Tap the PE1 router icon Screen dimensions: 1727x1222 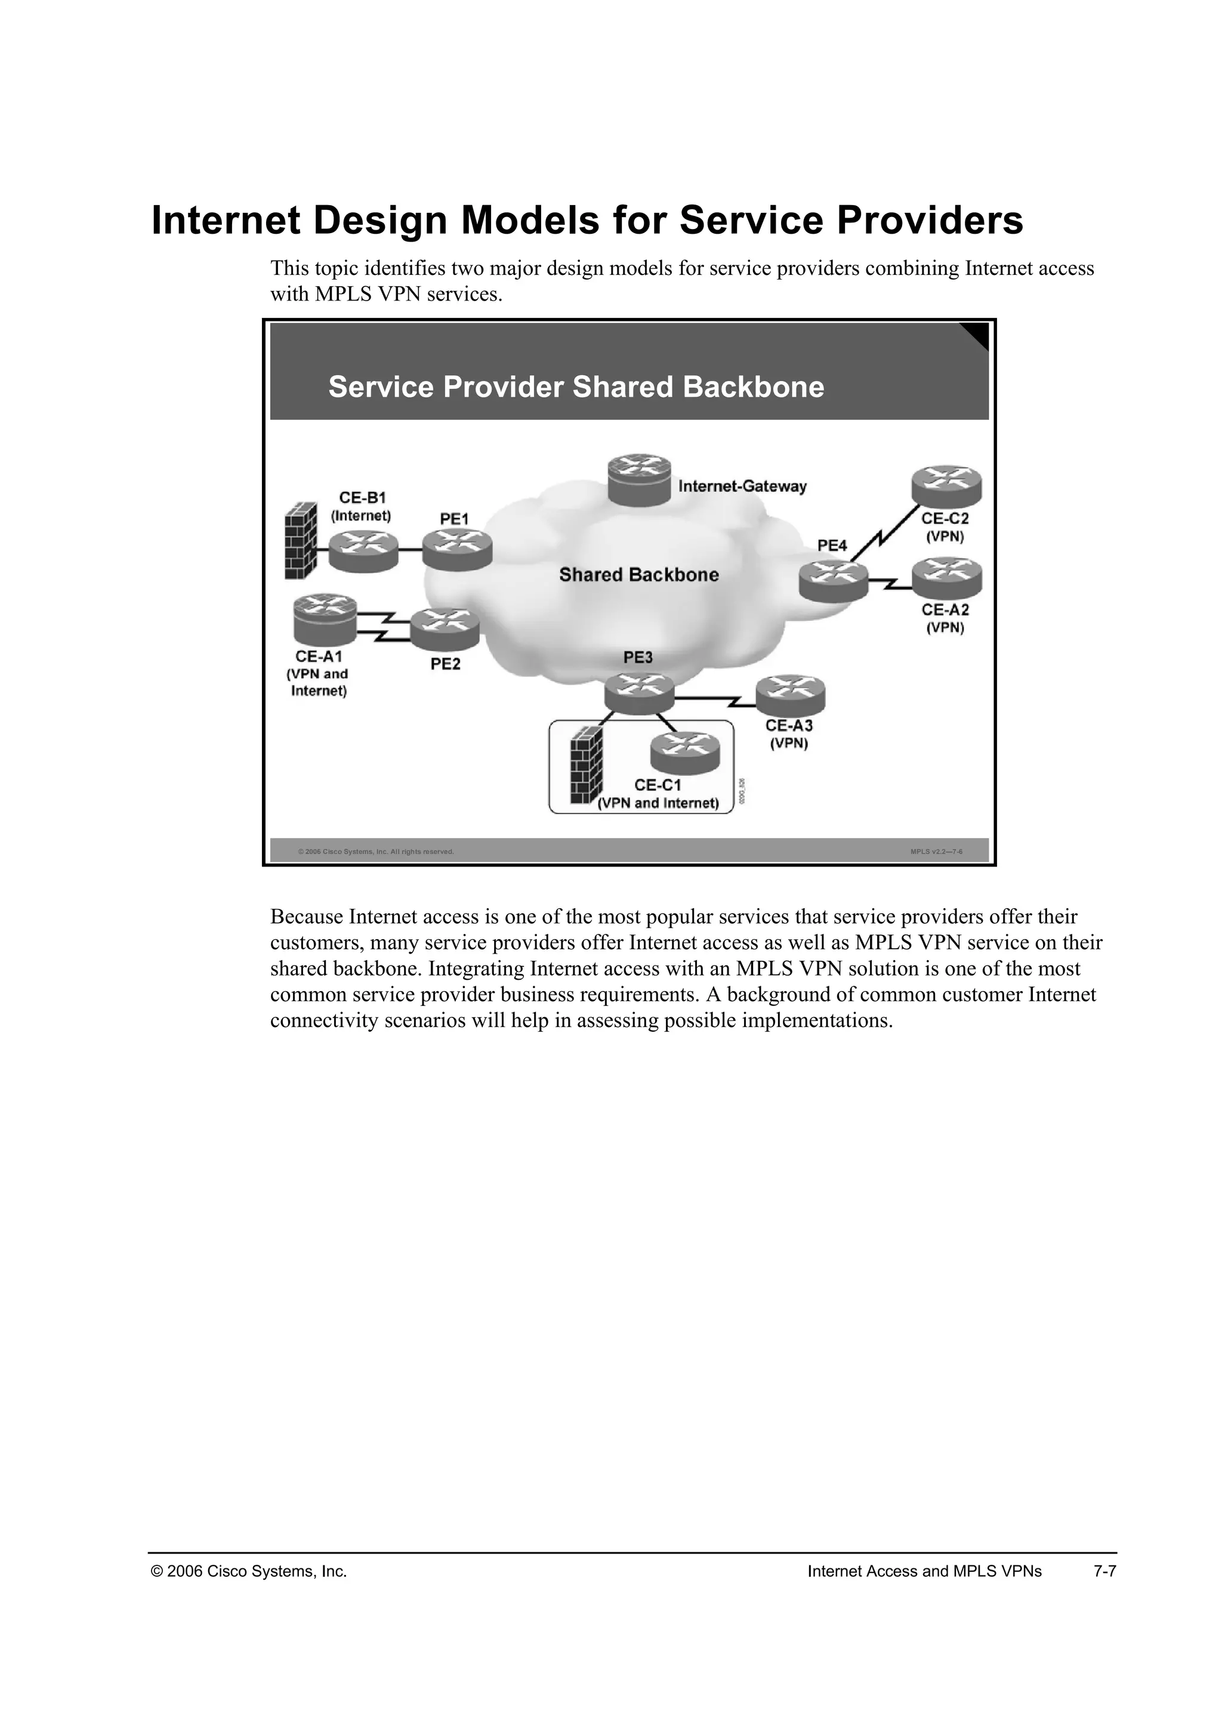point(456,549)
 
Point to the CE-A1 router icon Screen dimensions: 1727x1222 point(325,620)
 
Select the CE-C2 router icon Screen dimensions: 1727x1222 point(946,486)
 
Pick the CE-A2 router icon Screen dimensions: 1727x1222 point(946,578)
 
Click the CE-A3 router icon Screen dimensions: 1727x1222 point(790,696)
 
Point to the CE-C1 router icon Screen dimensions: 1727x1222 point(685,753)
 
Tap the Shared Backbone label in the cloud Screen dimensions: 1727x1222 point(639,575)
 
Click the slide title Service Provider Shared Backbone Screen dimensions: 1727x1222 point(576,388)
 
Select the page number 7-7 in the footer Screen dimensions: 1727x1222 point(1104,1571)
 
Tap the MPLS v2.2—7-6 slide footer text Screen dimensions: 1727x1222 point(936,852)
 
